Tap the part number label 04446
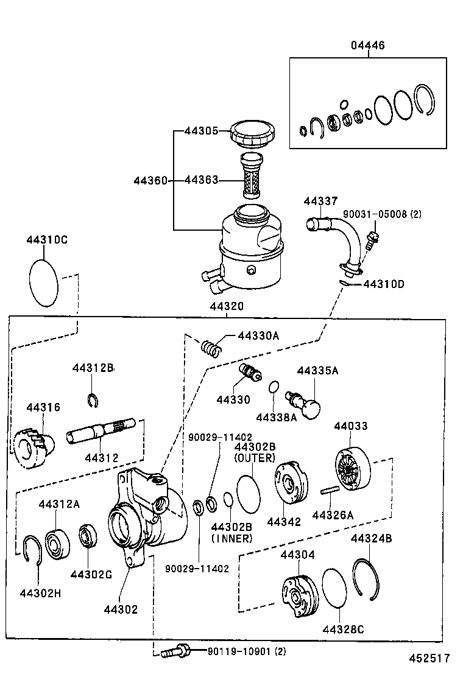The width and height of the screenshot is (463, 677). click(x=367, y=46)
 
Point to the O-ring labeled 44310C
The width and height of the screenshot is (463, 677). click(x=44, y=282)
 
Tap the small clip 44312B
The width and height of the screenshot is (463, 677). click(x=93, y=399)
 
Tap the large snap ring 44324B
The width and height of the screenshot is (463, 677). click(x=367, y=579)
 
